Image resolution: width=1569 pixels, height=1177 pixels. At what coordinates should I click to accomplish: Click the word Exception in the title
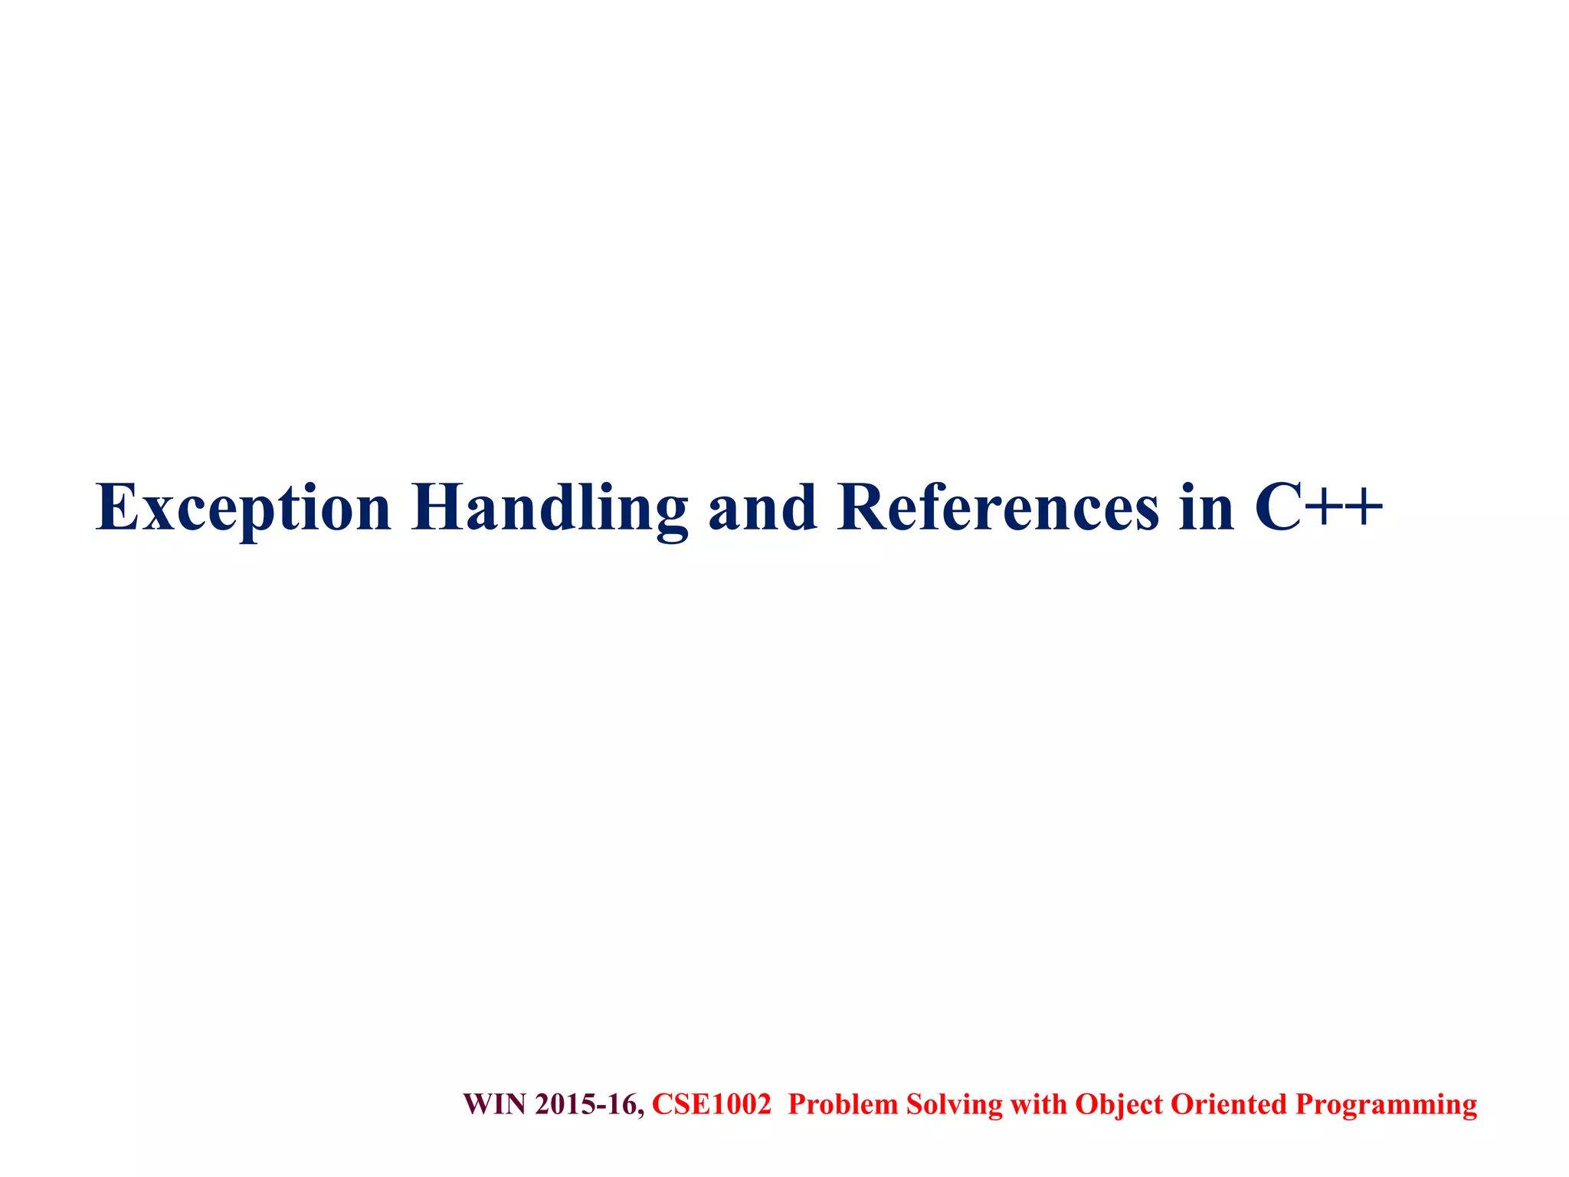point(244,508)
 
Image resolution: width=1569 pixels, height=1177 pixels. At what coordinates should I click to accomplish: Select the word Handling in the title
point(549,508)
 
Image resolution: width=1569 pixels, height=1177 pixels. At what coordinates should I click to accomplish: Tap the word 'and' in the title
point(762,508)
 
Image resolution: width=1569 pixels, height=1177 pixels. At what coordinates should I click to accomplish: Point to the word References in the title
point(998,508)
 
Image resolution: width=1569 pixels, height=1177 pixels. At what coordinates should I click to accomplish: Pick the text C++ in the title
point(1318,508)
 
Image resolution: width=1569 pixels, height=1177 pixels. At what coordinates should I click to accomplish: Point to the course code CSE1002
point(711,1104)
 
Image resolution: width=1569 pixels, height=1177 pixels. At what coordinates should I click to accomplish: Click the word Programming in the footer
point(1386,1104)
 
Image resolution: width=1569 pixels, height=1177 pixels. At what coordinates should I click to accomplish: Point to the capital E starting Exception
point(116,507)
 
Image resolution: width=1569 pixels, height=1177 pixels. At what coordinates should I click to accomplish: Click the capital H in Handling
point(438,507)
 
